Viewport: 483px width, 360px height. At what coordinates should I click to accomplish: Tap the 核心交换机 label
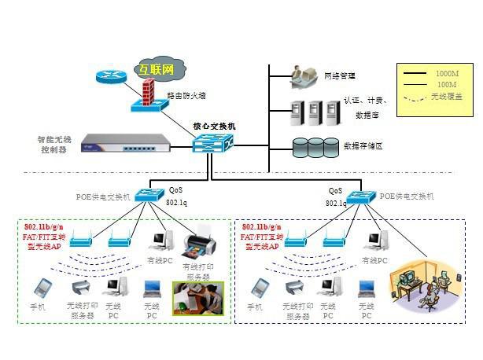coord(214,126)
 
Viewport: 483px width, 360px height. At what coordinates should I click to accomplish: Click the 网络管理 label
coord(340,76)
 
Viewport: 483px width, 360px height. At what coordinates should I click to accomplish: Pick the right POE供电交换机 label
coord(407,196)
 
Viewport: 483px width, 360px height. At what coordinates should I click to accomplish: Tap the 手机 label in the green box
coord(38,306)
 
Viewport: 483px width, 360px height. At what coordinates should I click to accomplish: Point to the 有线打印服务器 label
coord(197,272)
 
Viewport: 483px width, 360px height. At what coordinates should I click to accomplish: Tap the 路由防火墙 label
coord(186,95)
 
